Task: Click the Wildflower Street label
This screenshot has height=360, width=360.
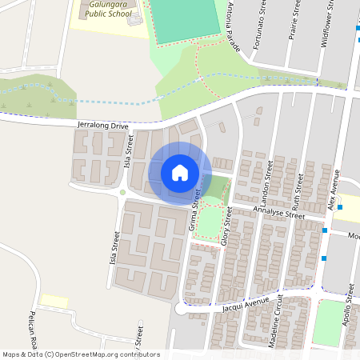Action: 326,25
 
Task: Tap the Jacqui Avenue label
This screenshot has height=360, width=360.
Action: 246,305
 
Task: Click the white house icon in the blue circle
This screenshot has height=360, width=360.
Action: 180,173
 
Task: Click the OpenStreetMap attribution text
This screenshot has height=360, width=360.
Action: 80,354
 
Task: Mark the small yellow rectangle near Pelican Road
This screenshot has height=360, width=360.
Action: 54,300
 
